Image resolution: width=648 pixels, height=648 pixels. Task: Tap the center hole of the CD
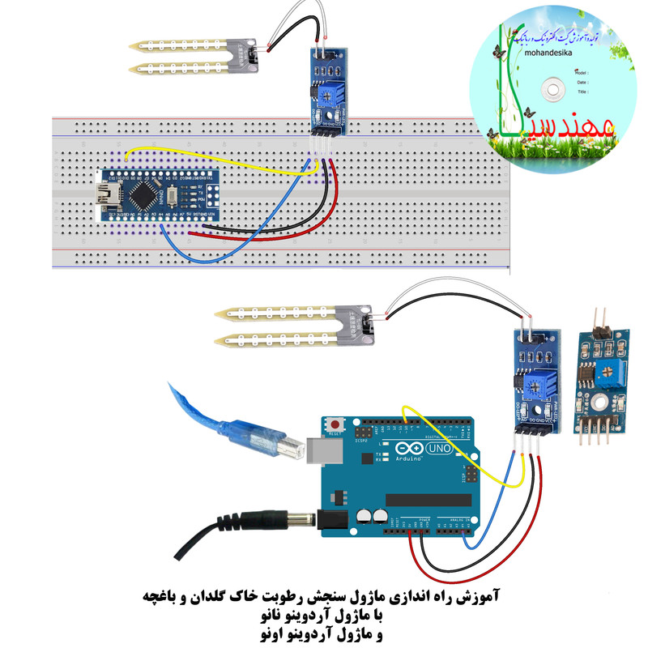pos(554,83)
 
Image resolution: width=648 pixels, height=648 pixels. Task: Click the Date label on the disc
pos(582,82)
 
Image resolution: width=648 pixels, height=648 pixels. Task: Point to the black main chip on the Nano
pos(146,194)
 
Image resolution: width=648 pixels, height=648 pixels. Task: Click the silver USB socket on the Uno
pos(321,450)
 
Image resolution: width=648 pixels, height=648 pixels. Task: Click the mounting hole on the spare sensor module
pos(597,401)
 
